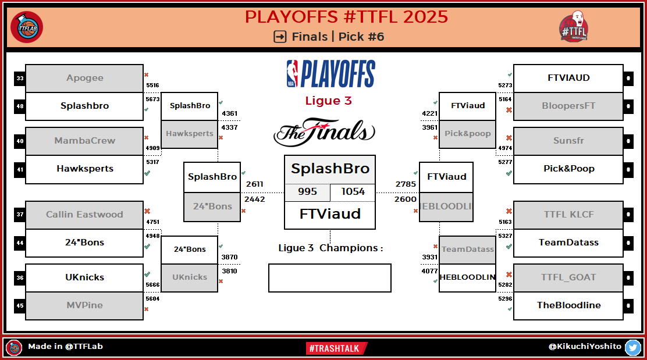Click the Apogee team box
coord(84,78)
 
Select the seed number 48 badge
coord(20,106)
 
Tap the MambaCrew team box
coord(84,141)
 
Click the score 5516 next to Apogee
coord(152,85)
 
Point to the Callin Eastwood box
coord(84,215)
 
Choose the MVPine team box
coord(84,305)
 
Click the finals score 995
coord(307,192)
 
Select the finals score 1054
coord(353,192)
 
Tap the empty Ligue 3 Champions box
coord(329,278)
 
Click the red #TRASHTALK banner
coord(336,348)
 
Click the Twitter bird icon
coord(632,347)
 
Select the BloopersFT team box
coord(568,106)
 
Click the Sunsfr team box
coord(568,141)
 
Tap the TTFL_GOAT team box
coord(568,277)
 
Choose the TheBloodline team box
coord(568,305)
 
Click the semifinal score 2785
coord(406,184)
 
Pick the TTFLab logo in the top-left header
coord(27,26)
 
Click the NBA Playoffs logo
coord(330,74)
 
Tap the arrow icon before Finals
coord(280,37)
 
